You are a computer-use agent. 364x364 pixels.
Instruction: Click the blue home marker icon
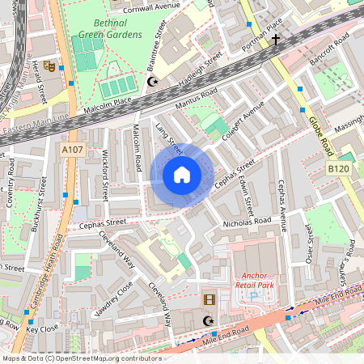tap(182, 175)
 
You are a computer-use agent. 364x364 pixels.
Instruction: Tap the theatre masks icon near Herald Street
tap(49, 66)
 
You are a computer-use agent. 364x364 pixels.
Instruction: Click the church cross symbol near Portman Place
tap(276, 38)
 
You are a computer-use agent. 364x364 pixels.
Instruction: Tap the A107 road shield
tap(72, 149)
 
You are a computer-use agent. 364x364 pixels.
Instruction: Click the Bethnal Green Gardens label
tap(105, 28)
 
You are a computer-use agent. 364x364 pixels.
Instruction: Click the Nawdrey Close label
tap(113, 299)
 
